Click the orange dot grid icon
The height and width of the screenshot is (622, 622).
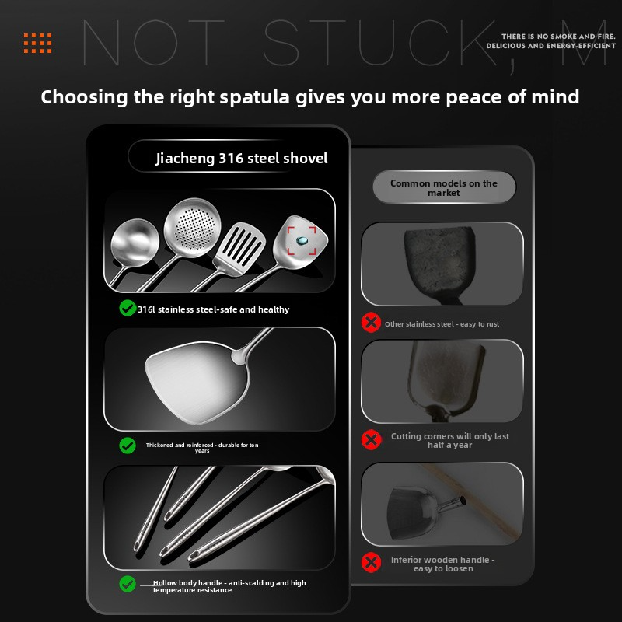37,43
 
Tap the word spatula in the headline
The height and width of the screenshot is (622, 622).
254,98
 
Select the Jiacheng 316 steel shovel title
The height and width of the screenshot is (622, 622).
242,159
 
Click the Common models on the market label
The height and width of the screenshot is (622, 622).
444,187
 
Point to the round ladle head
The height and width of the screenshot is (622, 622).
135,243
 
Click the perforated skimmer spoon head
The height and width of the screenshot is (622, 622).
192,227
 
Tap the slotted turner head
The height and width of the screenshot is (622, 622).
239,249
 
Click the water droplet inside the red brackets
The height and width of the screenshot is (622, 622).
302,240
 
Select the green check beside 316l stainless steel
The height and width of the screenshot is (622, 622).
128,308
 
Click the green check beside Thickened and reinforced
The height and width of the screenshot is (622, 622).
128,446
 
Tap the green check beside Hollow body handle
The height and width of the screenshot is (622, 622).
128,584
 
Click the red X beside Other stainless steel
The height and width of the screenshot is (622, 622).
371,322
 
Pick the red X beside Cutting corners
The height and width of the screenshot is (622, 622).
371,439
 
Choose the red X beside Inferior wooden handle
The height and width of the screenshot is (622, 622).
371,562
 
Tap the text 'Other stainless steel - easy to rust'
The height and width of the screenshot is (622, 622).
442,324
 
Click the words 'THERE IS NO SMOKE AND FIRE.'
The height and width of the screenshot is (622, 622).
558,37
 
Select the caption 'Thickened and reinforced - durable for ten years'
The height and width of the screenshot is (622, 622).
202,448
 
